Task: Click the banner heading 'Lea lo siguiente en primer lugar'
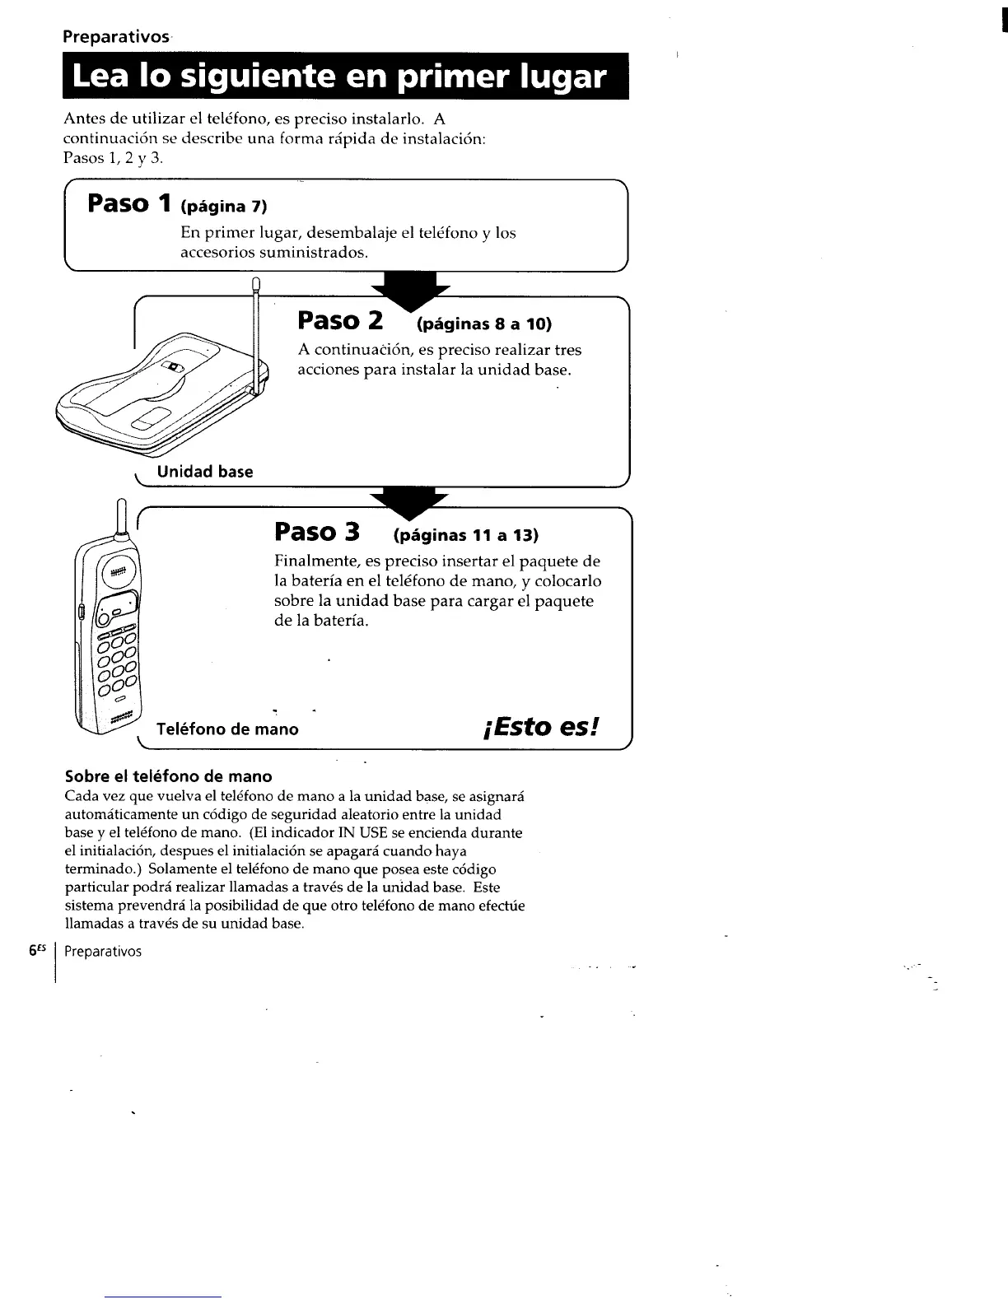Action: (x=339, y=77)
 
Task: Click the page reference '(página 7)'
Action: (x=225, y=204)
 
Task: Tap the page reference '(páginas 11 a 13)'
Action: (x=466, y=536)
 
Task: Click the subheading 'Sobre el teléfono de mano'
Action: (x=168, y=776)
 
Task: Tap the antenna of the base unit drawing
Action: (x=255, y=329)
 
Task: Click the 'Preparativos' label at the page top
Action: (x=116, y=37)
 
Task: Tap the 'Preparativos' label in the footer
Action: (x=103, y=952)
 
